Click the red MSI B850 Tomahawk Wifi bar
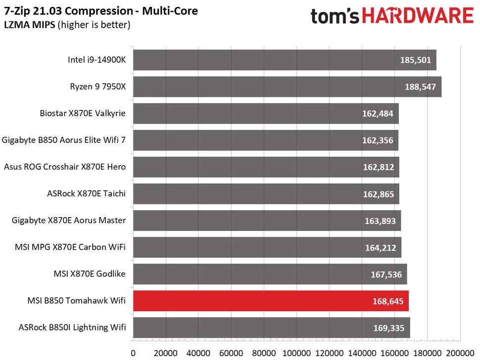point(271,301)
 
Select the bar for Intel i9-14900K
point(285,60)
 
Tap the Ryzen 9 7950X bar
point(287,87)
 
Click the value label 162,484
point(378,114)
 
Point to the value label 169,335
point(390,327)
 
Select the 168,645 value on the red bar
point(388,301)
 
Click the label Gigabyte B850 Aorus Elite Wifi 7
point(64,140)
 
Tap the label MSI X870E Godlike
point(90,273)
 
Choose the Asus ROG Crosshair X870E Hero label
point(65,167)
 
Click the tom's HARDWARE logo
point(391,16)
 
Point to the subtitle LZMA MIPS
point(29,25)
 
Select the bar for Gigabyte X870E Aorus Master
point(267,221)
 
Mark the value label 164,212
point(380,247)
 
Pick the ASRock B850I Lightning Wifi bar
point(271,327)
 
